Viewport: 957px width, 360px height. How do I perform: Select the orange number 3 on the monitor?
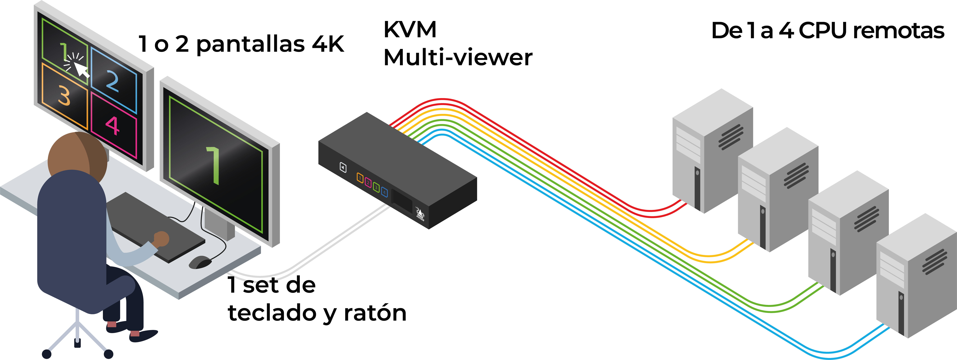click(x=64, y=95)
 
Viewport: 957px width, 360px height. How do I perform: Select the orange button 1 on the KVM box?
click(x=360, y=178)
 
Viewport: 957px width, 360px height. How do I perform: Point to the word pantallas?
click(x=250, y=45)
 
